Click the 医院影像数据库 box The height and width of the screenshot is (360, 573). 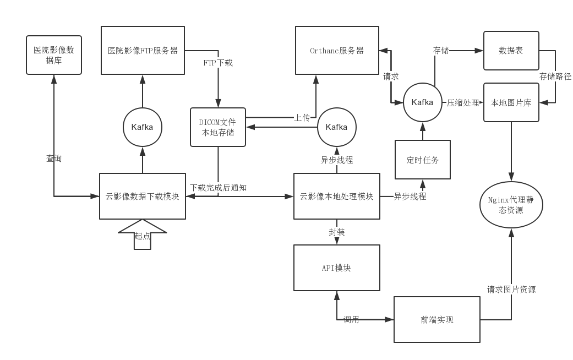click(54, 55)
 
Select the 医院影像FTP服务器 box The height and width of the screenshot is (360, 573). click(143, 50)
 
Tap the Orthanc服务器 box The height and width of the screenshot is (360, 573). click(337, 50)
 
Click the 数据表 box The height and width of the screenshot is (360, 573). click(511, 51)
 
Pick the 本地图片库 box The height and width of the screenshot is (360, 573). click(511, 102)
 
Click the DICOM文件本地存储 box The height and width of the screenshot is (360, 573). click(217, 127)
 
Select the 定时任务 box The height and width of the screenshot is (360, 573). click(423, 160)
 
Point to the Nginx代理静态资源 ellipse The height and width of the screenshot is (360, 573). click(511, 205)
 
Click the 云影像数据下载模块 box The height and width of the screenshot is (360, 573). click(143, 196)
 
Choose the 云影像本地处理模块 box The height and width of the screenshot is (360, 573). click(337, 196)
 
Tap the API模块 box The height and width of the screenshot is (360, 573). click(337, 268)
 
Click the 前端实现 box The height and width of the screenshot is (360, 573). click(437, 319)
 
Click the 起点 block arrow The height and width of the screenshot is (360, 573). click(143, 235)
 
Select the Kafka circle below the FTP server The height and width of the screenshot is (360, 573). click(143, 127)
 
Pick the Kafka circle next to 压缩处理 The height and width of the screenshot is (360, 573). click(423, 102)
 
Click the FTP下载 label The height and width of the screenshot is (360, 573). click(218, 63)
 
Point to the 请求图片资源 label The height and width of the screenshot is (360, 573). click(511, 290)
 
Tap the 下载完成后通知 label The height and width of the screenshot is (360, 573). click(218, 188)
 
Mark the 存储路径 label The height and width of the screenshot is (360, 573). click(555, 77)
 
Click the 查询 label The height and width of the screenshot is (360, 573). click(54, 159)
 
